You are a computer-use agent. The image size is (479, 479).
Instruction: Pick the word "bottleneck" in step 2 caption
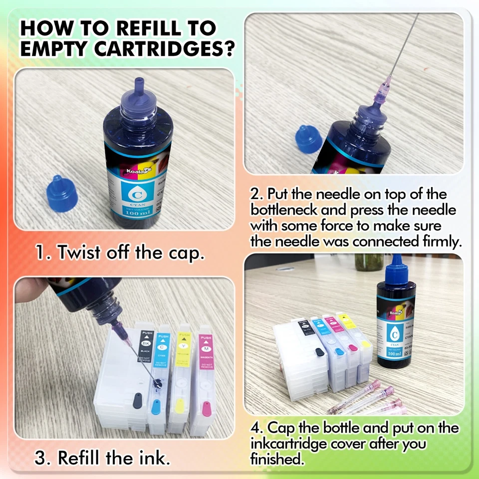295,210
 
